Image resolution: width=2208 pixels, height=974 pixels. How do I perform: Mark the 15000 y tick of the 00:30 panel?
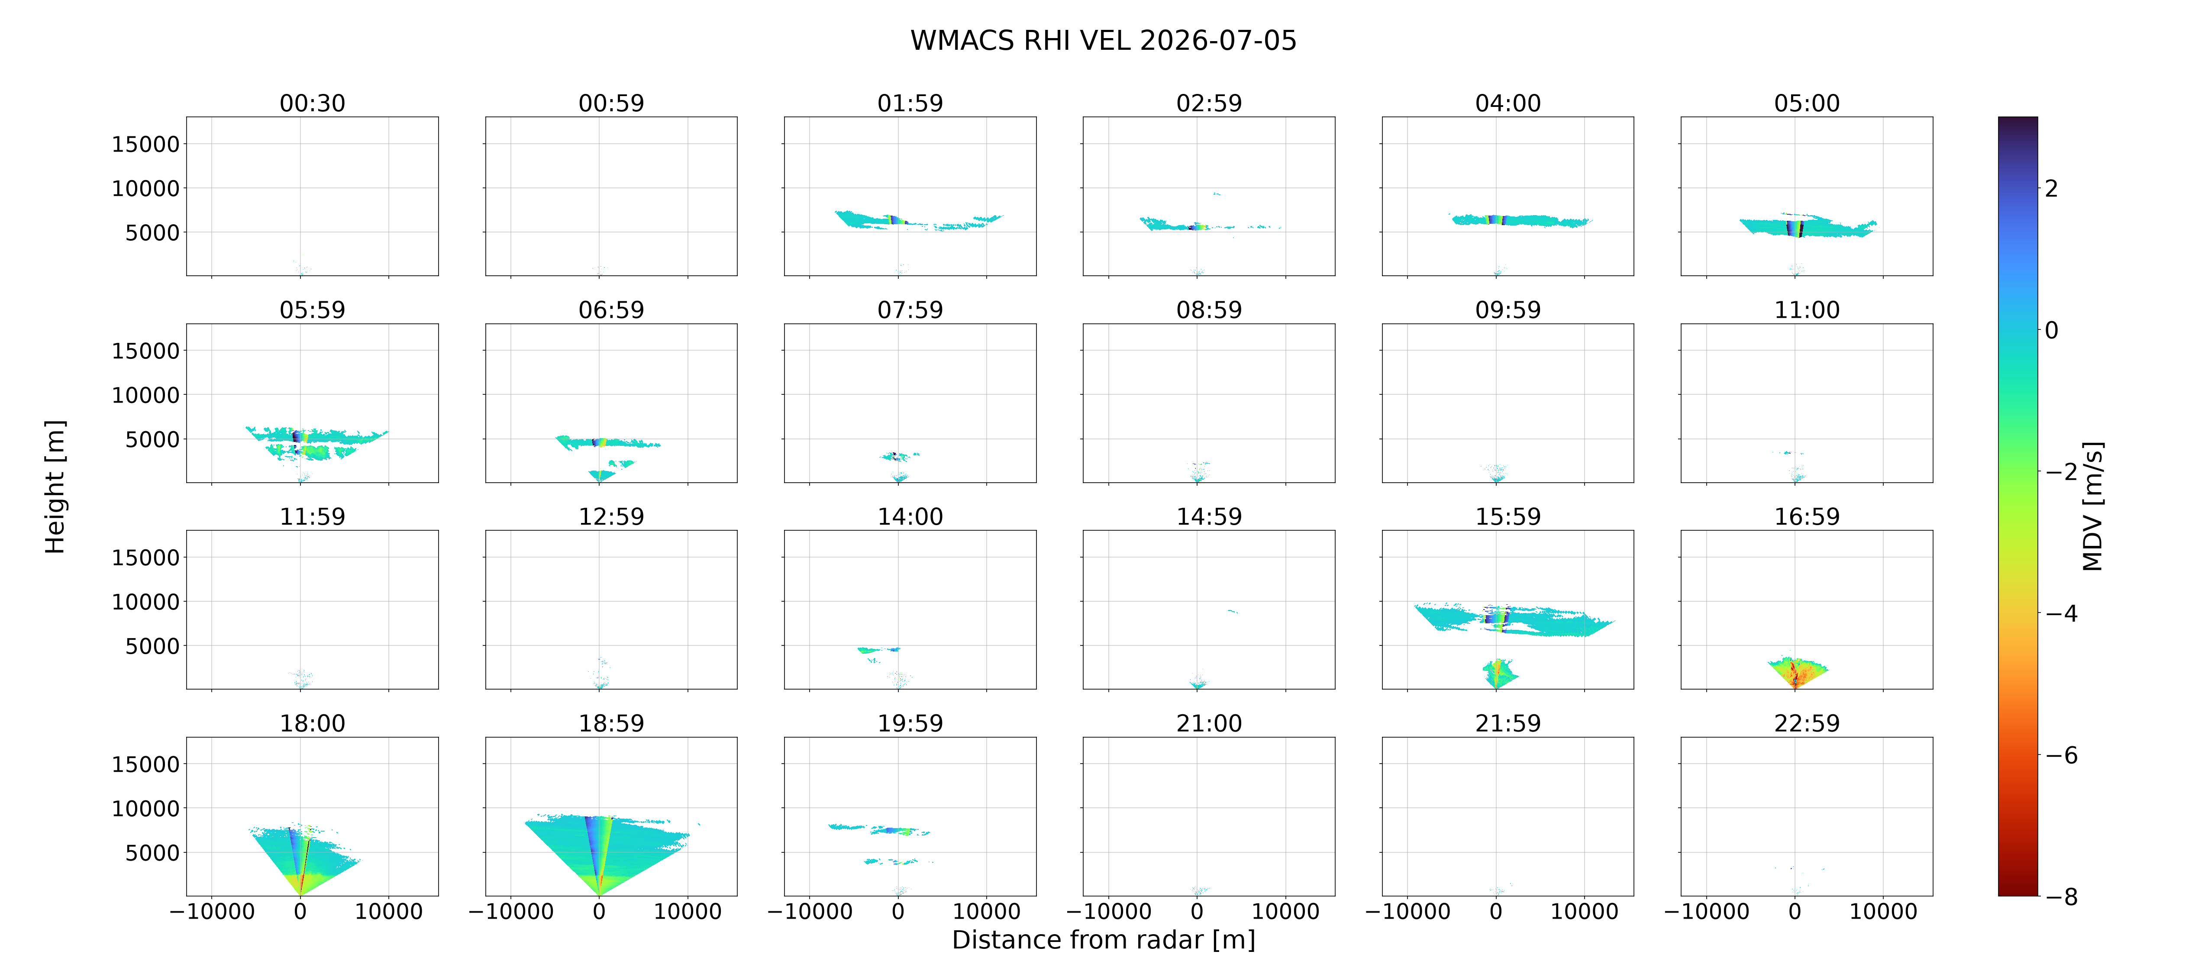pyautogui.click(x=146, y=144)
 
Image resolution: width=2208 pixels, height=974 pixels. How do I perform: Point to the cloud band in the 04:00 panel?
pyautogui.click(x=1519, y=220)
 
